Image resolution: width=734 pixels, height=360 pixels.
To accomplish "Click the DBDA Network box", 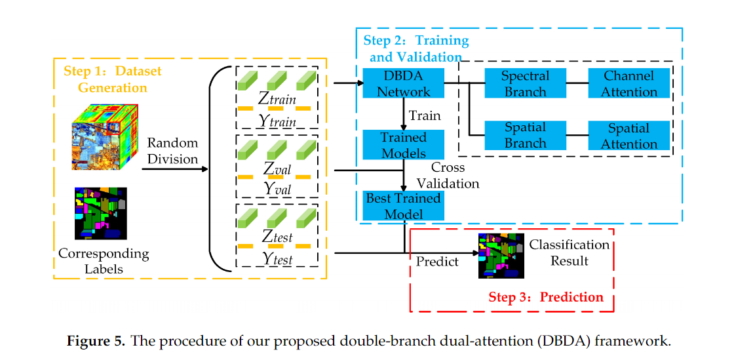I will coord(403,83).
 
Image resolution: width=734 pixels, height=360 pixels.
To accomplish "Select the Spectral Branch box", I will coord(525,83).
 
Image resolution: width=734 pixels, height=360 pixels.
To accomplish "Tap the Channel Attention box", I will coord(629,83).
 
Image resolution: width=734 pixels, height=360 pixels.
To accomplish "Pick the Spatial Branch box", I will coord(525,136).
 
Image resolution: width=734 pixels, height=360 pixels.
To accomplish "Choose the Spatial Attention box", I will coord(629,136).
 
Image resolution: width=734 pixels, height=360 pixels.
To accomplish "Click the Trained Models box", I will coord(403,145).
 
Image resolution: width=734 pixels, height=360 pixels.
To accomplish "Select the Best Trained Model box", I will coord(403,206).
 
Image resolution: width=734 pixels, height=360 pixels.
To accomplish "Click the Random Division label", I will coord(172,151).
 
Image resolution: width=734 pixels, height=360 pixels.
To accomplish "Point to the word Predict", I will coord(437,261).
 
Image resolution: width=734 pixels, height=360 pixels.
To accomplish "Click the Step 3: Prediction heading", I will coord(545,297).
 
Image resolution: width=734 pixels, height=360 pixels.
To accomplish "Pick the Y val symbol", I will coord(277,188).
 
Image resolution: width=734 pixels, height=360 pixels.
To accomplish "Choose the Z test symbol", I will coord(277,237).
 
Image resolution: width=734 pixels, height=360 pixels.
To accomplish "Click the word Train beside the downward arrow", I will coord(424,116).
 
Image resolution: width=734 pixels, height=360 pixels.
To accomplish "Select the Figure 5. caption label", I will coord(96,342).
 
